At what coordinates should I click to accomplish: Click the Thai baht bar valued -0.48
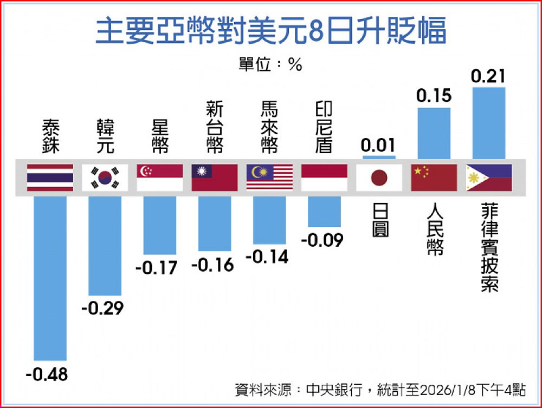click(50, 278)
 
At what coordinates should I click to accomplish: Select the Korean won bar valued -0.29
click(105, 245)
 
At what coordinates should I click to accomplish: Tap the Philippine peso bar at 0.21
click(489, 123)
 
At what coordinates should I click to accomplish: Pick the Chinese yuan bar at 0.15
click(434, 133)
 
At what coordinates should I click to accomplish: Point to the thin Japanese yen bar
click(379, 157)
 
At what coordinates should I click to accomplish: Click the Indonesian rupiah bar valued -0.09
click(324, 211)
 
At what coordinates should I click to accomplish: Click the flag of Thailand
click(50, 177)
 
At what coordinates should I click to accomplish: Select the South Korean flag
click(105, 177)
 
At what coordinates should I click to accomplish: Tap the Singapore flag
click(160, 177)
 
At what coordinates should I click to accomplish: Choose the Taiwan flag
click(215, 177)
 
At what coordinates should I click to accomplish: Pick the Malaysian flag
click(269, 177)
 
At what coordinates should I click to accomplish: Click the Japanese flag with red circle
click(379, 177)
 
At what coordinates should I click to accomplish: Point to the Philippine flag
click(489, 177)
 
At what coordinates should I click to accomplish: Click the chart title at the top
click(271, 31)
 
